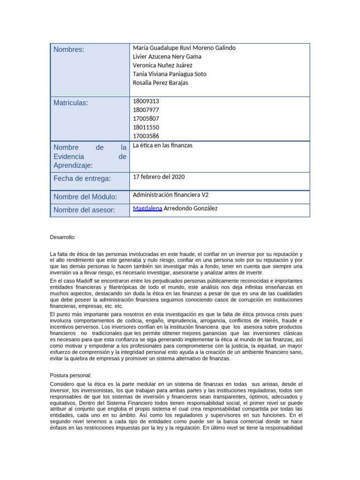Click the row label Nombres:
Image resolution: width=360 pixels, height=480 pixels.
coord(69,50)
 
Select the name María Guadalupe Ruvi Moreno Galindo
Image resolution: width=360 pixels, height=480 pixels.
coord(184,48)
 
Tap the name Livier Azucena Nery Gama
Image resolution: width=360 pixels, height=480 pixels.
coord(167,57)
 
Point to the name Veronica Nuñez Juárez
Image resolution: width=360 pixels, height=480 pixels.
coord(163,65)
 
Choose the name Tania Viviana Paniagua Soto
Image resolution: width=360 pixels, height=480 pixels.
coord(170,74)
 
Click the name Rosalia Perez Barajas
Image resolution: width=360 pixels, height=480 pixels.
coord(161,83)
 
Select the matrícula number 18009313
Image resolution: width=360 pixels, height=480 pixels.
coord(146,101)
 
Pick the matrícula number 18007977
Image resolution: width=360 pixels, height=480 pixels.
coord(146,110)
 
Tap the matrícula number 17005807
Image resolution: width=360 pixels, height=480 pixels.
coord(146,119)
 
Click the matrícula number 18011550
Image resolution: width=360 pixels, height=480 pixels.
coord(146,127)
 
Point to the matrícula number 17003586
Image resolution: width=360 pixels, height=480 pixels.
coord(146,136)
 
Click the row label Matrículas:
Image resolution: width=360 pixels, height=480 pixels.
coord(71,103)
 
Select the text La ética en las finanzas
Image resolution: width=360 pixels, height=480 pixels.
coord(163,145)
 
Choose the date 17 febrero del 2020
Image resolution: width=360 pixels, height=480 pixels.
coord(159,177)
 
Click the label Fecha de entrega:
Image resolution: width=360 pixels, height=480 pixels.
coord(82,179)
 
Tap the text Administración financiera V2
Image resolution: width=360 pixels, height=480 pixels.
coord(171,195)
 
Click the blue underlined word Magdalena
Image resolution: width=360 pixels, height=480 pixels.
coord(148,208)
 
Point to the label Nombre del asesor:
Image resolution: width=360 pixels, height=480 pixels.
coord(84,210)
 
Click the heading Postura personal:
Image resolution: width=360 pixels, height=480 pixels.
coord(70,375)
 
